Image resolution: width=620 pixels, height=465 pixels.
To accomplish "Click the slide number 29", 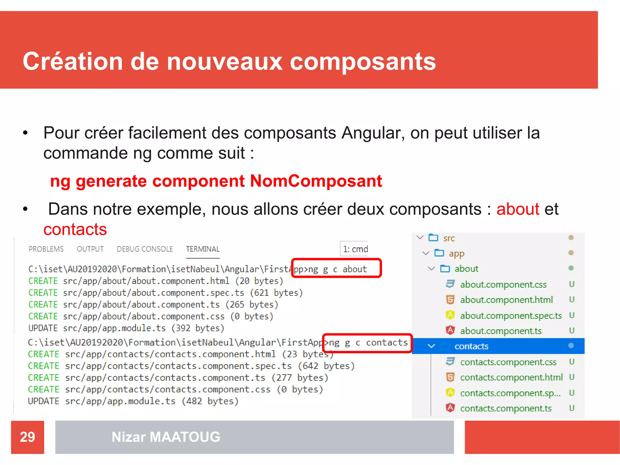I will (x=27, y=437).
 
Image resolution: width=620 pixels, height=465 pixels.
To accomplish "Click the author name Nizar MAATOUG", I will (x=166, y=437).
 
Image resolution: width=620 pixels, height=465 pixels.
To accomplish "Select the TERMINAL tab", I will (x=203, y=249).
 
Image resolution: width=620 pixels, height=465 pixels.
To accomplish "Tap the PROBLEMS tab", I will (x=46, y=249).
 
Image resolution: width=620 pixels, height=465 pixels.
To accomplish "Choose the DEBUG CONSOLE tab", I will (x=145, y=249).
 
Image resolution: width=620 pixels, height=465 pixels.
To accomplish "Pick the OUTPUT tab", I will (x=90, y=249).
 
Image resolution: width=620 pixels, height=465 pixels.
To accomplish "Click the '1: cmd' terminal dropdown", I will (x=355, y=249).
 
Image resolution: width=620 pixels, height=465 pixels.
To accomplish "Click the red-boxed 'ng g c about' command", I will (x=336, y=269).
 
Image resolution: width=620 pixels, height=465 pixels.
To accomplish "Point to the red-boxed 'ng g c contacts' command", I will (x=368, y=343).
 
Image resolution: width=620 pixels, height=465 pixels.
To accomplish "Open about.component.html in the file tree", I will (x=506, y=300).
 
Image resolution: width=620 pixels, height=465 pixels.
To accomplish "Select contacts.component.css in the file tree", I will (x=508, y=362).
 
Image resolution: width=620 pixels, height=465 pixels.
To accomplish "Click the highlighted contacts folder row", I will (x=471, y=346).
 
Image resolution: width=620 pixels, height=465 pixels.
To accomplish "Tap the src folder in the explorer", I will (x=449, y=238).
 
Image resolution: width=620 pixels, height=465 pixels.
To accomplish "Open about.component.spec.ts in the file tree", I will (x=511, y=315).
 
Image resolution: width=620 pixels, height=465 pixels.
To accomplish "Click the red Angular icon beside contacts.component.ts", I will (x=450, y=407).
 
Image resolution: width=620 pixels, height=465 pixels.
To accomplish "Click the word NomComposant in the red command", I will (x=316, y=181).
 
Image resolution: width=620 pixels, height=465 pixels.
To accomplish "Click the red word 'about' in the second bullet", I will (x=518, y=209).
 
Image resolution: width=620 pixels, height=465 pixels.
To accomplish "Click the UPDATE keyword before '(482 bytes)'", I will (x=43, y=401).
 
